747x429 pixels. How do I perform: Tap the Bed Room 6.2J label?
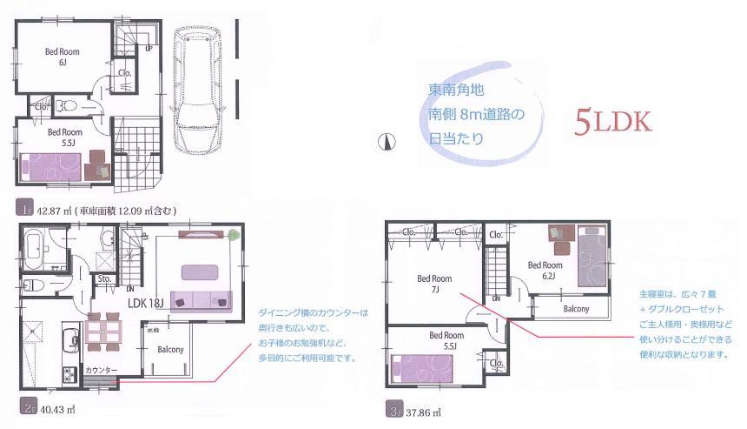click(542, 271)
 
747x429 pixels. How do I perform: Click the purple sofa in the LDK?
click(202, 298)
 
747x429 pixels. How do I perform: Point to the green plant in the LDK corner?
click(235, 234)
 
